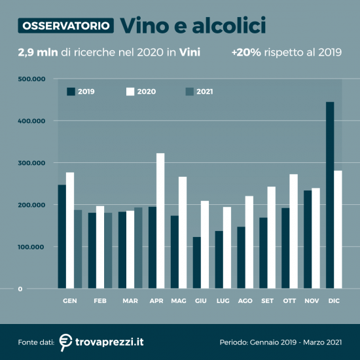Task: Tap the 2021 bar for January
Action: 78,249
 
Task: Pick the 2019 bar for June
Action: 196,262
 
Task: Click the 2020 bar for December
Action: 338,229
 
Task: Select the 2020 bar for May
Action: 183,232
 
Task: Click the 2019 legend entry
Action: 81,92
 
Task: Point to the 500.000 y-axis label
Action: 31,79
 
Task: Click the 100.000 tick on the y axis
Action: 31,247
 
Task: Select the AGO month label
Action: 245,300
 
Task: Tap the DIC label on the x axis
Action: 334,300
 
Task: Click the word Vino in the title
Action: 145,26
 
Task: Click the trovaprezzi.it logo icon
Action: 65,341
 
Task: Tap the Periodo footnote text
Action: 281,342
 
